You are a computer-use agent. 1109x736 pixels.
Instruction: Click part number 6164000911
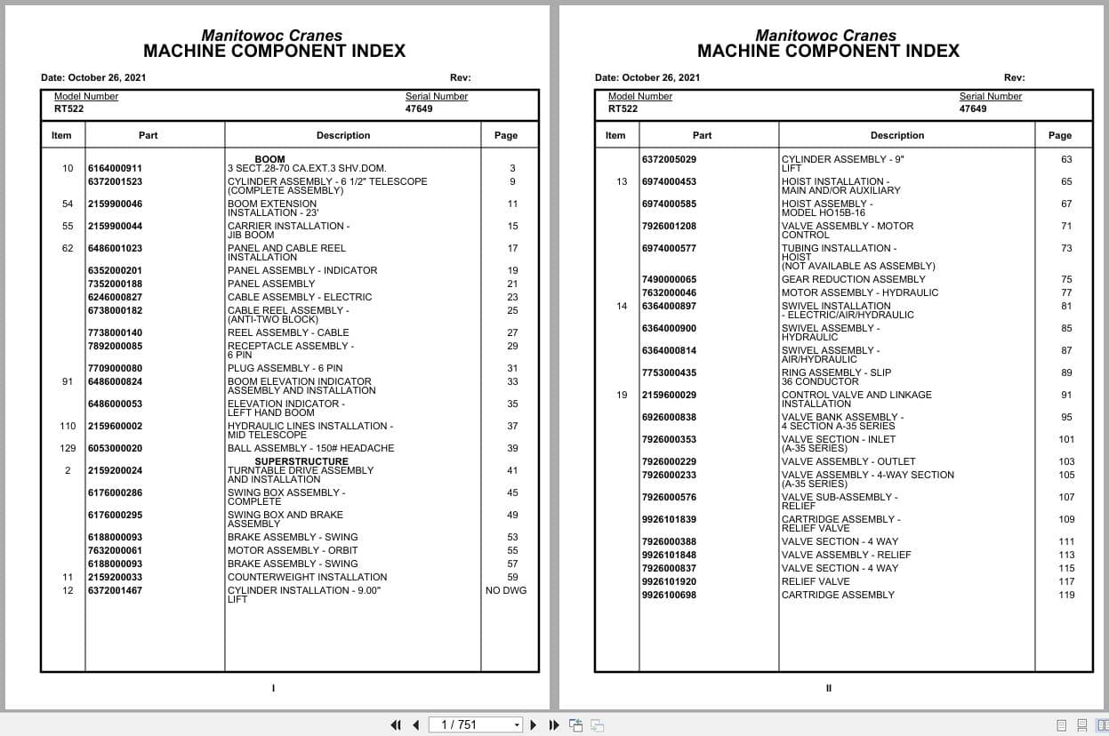tap(115, 168)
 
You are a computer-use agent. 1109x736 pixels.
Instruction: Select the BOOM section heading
tap(269, 160)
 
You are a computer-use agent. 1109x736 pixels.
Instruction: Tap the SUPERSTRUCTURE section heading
tap(301, 461)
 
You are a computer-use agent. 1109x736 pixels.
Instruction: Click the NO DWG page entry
tap(506, 590)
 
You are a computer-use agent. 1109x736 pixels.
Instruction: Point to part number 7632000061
tap(115, 550)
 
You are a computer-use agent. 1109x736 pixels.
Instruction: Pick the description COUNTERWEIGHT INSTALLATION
tap(307, 577)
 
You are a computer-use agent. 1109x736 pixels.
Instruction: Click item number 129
tap(68, 448)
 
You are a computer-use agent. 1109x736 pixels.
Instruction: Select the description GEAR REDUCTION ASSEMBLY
tap(853, 279)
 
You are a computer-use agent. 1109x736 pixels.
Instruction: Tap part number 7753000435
tap(669, 372)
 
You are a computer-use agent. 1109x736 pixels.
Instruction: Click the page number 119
tap(1066, 595)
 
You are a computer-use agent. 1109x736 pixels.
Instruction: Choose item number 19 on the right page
tap(622, 395)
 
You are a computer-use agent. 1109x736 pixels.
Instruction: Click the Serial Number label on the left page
tap(436, 96)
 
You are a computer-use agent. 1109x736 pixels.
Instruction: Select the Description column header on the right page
tap(896, 135)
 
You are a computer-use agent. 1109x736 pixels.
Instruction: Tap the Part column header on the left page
tap(148, 135)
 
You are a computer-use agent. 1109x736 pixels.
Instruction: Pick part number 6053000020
tap(115, 448)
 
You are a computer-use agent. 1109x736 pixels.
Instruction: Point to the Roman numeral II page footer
tap(828, 688)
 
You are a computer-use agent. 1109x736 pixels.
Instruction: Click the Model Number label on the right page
tap(639, 96)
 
